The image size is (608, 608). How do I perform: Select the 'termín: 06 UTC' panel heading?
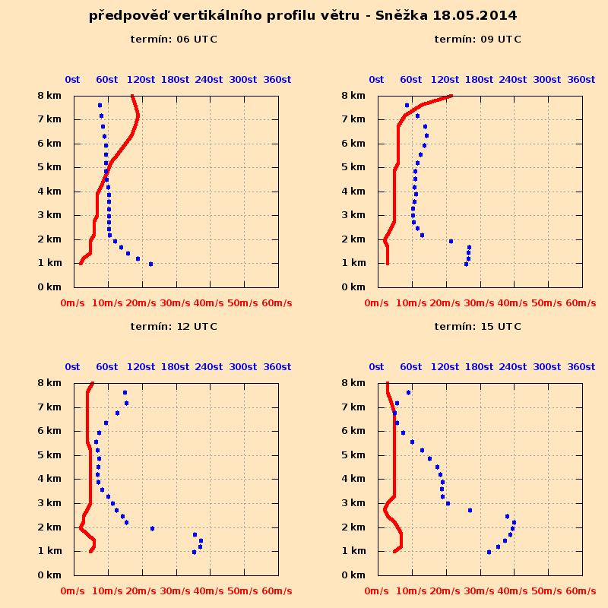tap(174, 40)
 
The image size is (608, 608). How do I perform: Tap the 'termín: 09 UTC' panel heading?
tap(478, 40)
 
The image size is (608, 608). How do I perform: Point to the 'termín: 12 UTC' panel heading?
tap(174, 327)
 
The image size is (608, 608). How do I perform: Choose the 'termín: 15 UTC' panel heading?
tap(478, 327)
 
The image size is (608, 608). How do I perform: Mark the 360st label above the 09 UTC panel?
tap(581, 80)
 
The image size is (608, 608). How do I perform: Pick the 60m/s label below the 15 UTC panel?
tap(581, 591)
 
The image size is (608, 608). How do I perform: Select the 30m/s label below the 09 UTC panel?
tap(479, 303)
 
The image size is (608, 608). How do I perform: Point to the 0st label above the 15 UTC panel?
tap(376, 367)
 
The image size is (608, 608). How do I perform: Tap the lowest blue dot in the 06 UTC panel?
tap(150, 264)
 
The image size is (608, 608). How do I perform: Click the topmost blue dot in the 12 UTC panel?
tap(125, 392)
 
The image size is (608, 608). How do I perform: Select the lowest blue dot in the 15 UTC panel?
tap(489, 552)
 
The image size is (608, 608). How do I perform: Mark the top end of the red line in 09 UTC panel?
tap(451, 96)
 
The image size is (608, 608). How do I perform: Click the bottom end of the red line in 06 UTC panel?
tap(81, 264)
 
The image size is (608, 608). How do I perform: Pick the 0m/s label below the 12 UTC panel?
tap(72, 591)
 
